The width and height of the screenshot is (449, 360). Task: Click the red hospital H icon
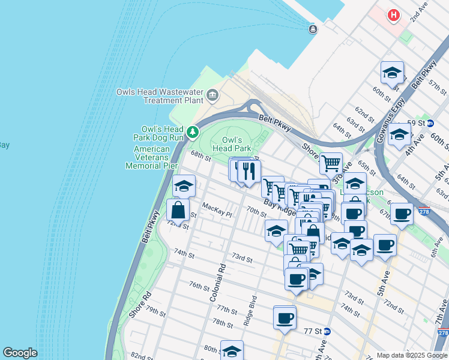pos(394,15)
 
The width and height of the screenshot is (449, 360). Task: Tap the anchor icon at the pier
pos(312,29)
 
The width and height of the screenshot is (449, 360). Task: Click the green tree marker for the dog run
pos(192,131)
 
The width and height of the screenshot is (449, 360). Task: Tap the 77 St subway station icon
pos(327,331)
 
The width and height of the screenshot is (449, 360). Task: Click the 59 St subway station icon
pos(428,122)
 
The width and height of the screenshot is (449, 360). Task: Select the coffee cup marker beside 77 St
pos(285,317)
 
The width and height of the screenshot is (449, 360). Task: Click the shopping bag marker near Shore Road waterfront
pos(178,210)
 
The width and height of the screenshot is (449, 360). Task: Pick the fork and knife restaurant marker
pos(249,172)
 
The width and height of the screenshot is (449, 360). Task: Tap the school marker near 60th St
pos(392,73)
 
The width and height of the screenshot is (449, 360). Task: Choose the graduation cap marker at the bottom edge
pos(232,351)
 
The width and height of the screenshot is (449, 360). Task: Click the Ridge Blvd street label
pos(251,310)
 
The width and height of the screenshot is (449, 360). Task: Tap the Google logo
pos(20,353)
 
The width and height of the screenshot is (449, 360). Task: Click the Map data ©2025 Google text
pos(412,355)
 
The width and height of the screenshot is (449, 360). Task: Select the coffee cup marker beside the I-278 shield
pos(402,213)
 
